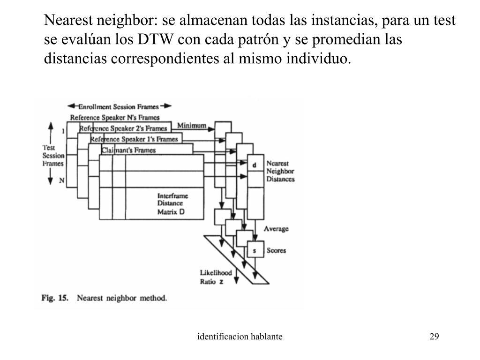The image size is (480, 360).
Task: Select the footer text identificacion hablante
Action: pyautogui.click(x=240, y=337)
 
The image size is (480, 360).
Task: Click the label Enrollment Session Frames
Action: pyautogui.click(x=120, y=106)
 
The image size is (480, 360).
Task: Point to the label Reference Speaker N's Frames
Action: pyautogui.click(x=115, y=117)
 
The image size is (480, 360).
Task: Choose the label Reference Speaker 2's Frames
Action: pyautogui.click(x=123, y=128)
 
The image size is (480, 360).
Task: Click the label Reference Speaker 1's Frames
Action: pyautogui.click(x=134, y=139)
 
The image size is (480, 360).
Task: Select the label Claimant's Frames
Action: pyautogui.click(x=128, y=150)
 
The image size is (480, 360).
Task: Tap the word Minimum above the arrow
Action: pyautogui.click(x=192, y=125)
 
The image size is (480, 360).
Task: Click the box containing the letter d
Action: pyautogui.click(x=254, y=165)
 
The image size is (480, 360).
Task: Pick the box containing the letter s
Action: pyautogui.click(x=254, y=251)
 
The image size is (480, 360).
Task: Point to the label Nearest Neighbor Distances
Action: pyautogui.click(x=280, y=172)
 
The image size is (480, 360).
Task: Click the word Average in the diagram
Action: pyautogui.click(x=276, y=229)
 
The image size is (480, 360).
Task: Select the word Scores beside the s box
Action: pyautogui.click(x=276, y=251)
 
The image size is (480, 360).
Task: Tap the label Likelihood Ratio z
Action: pyautogui.click(x=215, y=277)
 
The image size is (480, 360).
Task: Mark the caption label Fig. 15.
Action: pyautogui.click(x=55, y=298)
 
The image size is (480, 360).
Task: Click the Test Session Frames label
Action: pyautogui.click(x=53, y=155)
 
